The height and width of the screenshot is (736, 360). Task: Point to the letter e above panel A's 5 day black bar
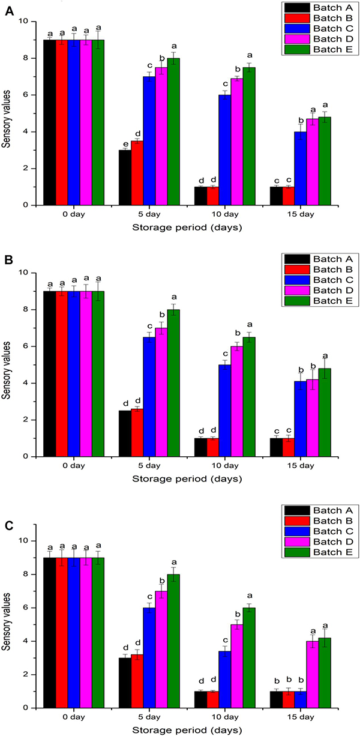(125, 144)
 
